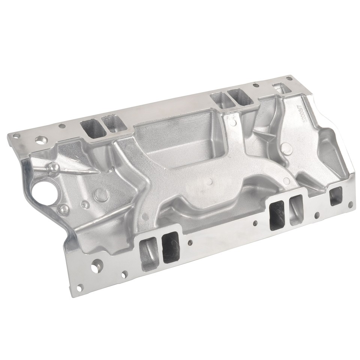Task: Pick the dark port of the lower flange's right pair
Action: point(277,214)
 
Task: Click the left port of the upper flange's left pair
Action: point(92,128)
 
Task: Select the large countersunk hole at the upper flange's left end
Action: point(40,140)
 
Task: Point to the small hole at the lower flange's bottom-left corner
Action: point(79,288)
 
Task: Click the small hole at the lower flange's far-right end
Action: point(350,205)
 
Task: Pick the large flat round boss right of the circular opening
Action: point(101,194)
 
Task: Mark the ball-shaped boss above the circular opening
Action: point(55,167)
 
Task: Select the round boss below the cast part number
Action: point(287,148)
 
